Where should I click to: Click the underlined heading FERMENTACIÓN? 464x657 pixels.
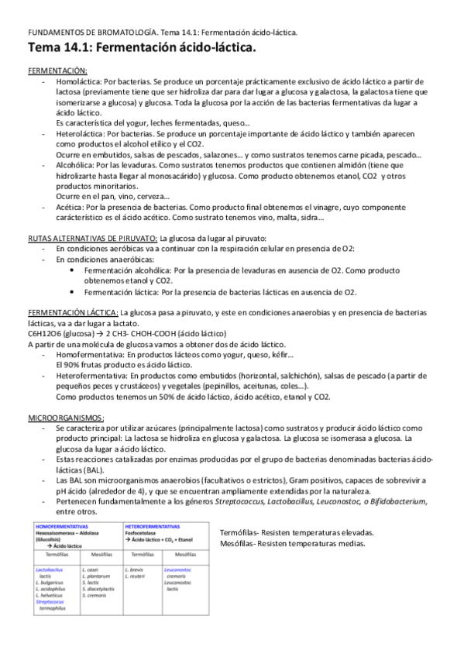coord(57,71)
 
